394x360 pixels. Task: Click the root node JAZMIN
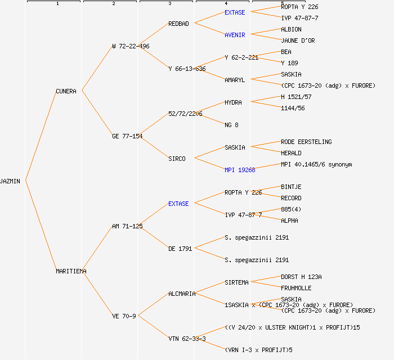coord(11,181)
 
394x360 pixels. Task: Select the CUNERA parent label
coord(66,91)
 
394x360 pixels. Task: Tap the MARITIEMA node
coord(71,271)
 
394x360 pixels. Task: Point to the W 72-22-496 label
coord(131,46)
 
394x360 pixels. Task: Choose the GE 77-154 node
coord(127,136)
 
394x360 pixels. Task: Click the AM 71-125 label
coord(127,226)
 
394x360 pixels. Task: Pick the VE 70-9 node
coord(124,316)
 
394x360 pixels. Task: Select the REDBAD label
coord(178,24)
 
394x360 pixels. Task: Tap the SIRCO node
coord(177,159)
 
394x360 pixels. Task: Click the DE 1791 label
coord(180,249)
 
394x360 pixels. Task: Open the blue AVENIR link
coord(235,35)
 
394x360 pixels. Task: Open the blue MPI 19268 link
coord(240,170)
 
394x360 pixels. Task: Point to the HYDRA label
coord(233,102)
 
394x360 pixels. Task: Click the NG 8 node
coord(231,125)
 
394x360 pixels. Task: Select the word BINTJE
coord(291,187)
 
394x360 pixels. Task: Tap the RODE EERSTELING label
coord(306,142)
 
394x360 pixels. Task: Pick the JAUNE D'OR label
coord(298,40)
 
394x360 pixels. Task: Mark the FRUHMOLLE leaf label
coord(296,288)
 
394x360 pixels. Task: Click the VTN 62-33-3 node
coord(187,339)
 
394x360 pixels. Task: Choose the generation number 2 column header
coord(113,4)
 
